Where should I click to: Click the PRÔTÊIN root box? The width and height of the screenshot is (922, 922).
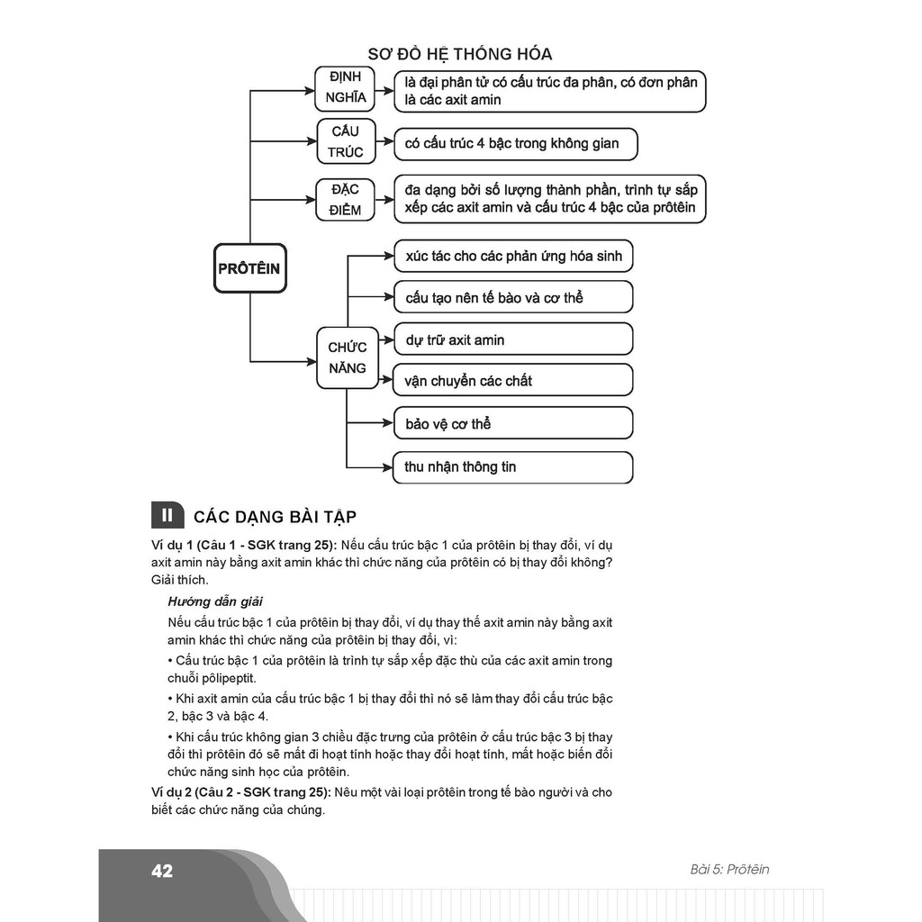(249, 268)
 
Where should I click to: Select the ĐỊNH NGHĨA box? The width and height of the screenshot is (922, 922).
(345, 88)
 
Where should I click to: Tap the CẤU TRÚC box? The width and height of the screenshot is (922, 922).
(345, 142)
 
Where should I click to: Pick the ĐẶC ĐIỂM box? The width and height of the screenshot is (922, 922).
(345, 200)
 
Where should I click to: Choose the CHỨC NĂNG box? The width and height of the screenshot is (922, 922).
(347, 357)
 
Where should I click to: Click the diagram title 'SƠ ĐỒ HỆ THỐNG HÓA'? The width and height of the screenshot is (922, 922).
(460, 54)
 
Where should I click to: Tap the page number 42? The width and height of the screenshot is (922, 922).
(162, 871)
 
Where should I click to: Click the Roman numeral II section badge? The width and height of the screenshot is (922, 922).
(167, 515)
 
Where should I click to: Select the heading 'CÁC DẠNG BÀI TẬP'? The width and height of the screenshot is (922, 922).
(275, 516)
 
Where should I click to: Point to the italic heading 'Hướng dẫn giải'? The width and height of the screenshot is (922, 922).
(215, 601)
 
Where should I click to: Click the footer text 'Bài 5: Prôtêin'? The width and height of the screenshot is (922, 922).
(729, 870)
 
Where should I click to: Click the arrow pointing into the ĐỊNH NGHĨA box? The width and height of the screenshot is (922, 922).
(304, 91)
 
